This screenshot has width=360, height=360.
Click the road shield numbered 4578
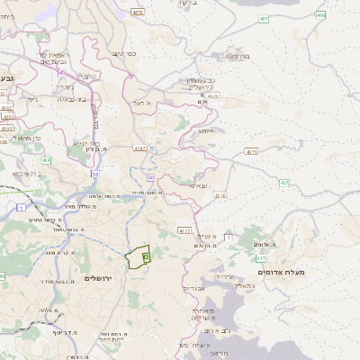(138, 13)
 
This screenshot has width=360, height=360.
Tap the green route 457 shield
(264, 18)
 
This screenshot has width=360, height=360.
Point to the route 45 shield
(60, 72)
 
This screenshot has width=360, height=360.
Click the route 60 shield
(151, 178)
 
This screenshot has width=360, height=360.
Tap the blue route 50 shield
(94, 172)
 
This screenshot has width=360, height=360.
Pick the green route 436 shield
(47, 159)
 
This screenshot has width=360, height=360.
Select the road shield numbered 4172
(184, 230)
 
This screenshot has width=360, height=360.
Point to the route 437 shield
(284, 183)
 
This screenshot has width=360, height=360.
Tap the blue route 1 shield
(20, 207)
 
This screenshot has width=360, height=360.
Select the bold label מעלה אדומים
(281, 272)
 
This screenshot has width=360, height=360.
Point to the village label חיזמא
(206, 130)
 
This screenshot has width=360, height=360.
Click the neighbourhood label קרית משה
(61, 252)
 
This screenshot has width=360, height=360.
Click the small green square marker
(146, 256)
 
